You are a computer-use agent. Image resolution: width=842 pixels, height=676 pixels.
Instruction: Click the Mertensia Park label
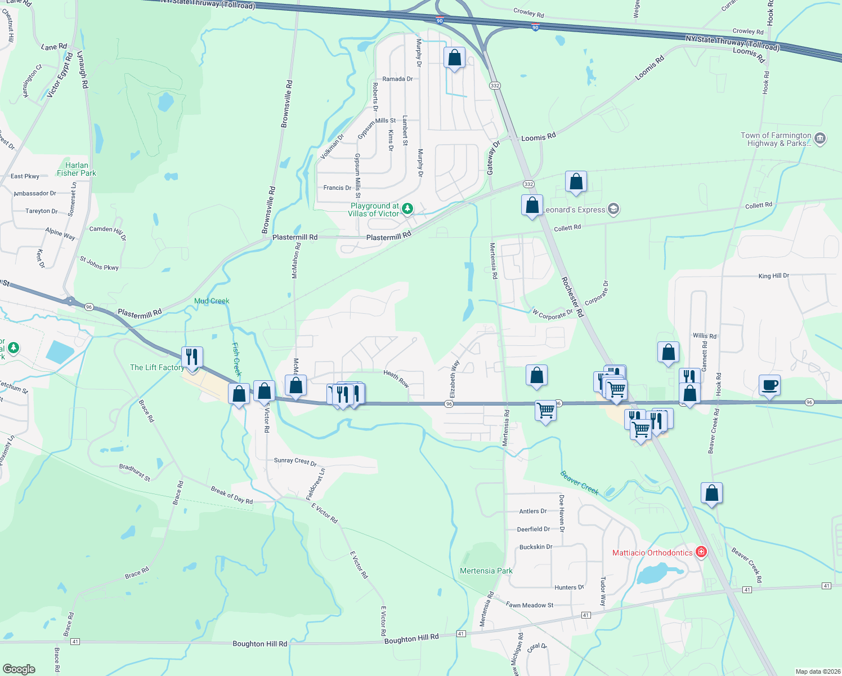click(x=486, y=571)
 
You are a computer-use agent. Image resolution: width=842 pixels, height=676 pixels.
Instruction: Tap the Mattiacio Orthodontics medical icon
click(x=701, y=552)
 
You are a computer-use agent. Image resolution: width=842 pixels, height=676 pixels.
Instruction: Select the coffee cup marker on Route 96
click(x=769, y=385)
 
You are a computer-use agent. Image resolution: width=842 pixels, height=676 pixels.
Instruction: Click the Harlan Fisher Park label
click(x=77, y=169)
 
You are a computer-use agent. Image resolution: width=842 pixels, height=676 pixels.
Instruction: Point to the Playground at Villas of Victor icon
click(x=407, y=209)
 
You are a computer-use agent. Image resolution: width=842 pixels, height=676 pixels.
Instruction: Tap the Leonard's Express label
click(x=574, y=210)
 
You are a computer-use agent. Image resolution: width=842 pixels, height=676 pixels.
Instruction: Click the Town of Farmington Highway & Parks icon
click(x=820, y=139)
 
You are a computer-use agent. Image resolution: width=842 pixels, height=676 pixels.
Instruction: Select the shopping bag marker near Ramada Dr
click(x=454, y=57)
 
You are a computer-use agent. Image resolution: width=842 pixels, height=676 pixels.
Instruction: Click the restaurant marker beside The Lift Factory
click(x=192, y=357)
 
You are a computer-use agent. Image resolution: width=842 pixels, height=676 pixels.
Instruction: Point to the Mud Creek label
click(x=212, y=301)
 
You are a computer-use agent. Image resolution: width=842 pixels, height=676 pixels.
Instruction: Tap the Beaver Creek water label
click(x=579, y=482)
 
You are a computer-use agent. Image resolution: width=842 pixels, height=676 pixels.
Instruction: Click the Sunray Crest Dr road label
click(x=295, y=461)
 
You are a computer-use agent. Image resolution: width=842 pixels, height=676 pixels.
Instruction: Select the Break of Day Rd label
click(x=231, y=495)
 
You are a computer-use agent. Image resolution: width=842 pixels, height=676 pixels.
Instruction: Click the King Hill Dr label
click(x=773, y=276)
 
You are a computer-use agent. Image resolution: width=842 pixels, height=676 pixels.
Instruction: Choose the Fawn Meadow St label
click(x=530, y=605)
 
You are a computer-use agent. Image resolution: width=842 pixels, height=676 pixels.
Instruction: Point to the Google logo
click(x=19, y=669)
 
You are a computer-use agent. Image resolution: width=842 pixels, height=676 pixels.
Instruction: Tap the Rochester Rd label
click(x=572, y=296)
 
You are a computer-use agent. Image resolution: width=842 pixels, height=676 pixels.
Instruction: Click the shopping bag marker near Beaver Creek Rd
click(x=711, y=493)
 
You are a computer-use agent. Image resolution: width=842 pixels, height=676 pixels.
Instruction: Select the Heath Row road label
click(x=396, y=378)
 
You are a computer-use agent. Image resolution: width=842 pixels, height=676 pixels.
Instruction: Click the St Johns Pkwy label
click(x=99, y=263)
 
